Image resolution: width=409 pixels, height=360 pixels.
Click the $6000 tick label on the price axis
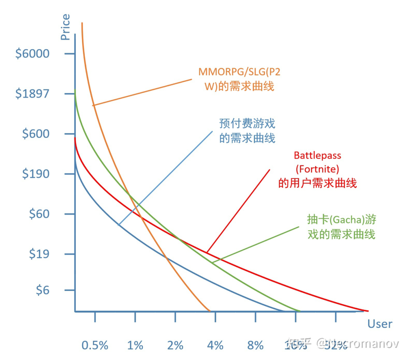pyautogui.click(x=32, y=53)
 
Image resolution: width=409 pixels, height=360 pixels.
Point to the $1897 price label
pyautogui.click(x=32, y=94)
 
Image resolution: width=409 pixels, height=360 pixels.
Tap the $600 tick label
pyautogui.click(x=36, y=134)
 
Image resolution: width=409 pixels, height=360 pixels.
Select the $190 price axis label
pyautogui.click(x=36, y=174)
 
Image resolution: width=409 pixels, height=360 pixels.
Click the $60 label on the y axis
pyautogui.click(x=39, y=214)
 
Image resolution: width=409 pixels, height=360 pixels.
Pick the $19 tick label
pyautogui.click(x=39, y=254)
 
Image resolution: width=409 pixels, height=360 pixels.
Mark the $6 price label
pyautogui.click(x=43, y=290)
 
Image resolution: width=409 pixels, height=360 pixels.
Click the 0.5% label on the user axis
pyautogui.click(x=95, y=345)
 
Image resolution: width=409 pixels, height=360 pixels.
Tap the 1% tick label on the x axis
pyautogui.click(x=135, y=345)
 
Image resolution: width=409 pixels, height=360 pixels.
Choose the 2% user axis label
pyautogui.click(x=175, y=345)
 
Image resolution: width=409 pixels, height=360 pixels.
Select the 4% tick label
pyautogui.click(x=215, y=345)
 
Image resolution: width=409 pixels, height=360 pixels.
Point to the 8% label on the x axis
pyautogui.click(x=256, y=345)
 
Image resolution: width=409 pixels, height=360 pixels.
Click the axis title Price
pyautogui.click(x=66, y=27)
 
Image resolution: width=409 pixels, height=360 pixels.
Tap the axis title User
pyautogui.click(x=380, y=324)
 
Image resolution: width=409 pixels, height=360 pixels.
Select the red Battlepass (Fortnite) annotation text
pyautogui.click(x=317, y=169)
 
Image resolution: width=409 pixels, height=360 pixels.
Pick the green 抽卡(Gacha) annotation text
pyautogui.click(x=341, y=227)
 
